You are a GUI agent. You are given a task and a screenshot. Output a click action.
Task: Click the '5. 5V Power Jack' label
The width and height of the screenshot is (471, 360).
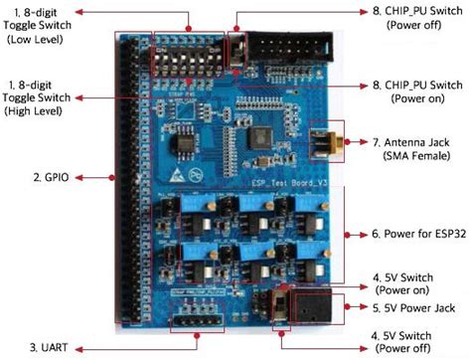[x=415, y=308]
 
